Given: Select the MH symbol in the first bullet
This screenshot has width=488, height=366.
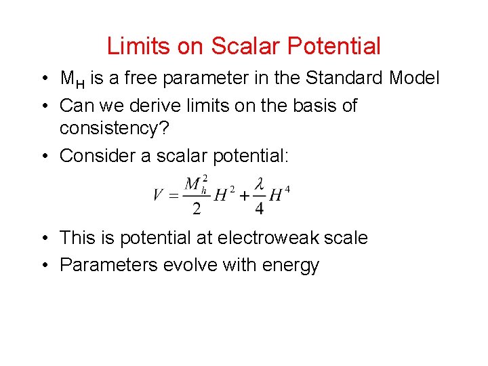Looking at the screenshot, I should coord(72,80).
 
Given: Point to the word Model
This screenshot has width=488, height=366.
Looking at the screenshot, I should coord(414,79).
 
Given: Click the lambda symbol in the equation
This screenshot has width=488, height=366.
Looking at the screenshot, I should coord(259,185).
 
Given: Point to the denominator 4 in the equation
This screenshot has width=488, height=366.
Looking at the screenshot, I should coord(259,209).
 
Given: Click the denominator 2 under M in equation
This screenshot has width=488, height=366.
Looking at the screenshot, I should coord(197,209).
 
